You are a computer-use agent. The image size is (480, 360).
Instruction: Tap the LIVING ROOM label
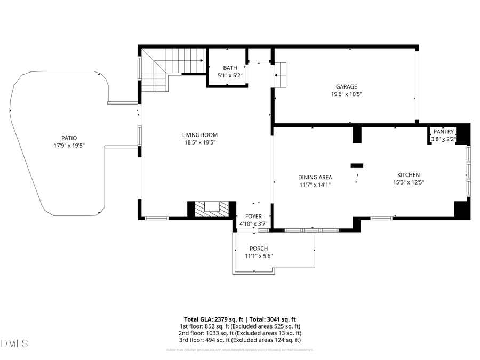click(200, 135)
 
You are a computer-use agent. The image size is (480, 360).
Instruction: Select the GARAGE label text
click(346, 86)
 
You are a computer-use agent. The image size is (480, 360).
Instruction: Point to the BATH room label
click(230, 68)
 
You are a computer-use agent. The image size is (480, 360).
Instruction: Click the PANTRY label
click(443, 132)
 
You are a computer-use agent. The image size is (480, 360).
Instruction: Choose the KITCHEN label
click(408, 175)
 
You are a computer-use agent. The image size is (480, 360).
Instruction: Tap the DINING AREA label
click(315, 177)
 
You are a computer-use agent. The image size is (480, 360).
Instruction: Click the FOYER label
click(253, 216)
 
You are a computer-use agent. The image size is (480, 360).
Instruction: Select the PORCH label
click(259, 249)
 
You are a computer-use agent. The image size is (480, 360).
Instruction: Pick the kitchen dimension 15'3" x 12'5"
click(408, 182)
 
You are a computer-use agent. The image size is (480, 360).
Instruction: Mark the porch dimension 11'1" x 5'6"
click(259, 256)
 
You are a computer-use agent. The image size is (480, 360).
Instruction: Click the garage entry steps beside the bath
click(281, 75)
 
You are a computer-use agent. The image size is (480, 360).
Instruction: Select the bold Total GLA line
click(239, 319)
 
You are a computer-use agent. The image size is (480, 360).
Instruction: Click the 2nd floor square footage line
click(239, 333)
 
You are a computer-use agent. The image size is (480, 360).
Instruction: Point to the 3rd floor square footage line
click(239, 340)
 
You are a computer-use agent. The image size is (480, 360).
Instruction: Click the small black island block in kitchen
click(357, 166)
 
